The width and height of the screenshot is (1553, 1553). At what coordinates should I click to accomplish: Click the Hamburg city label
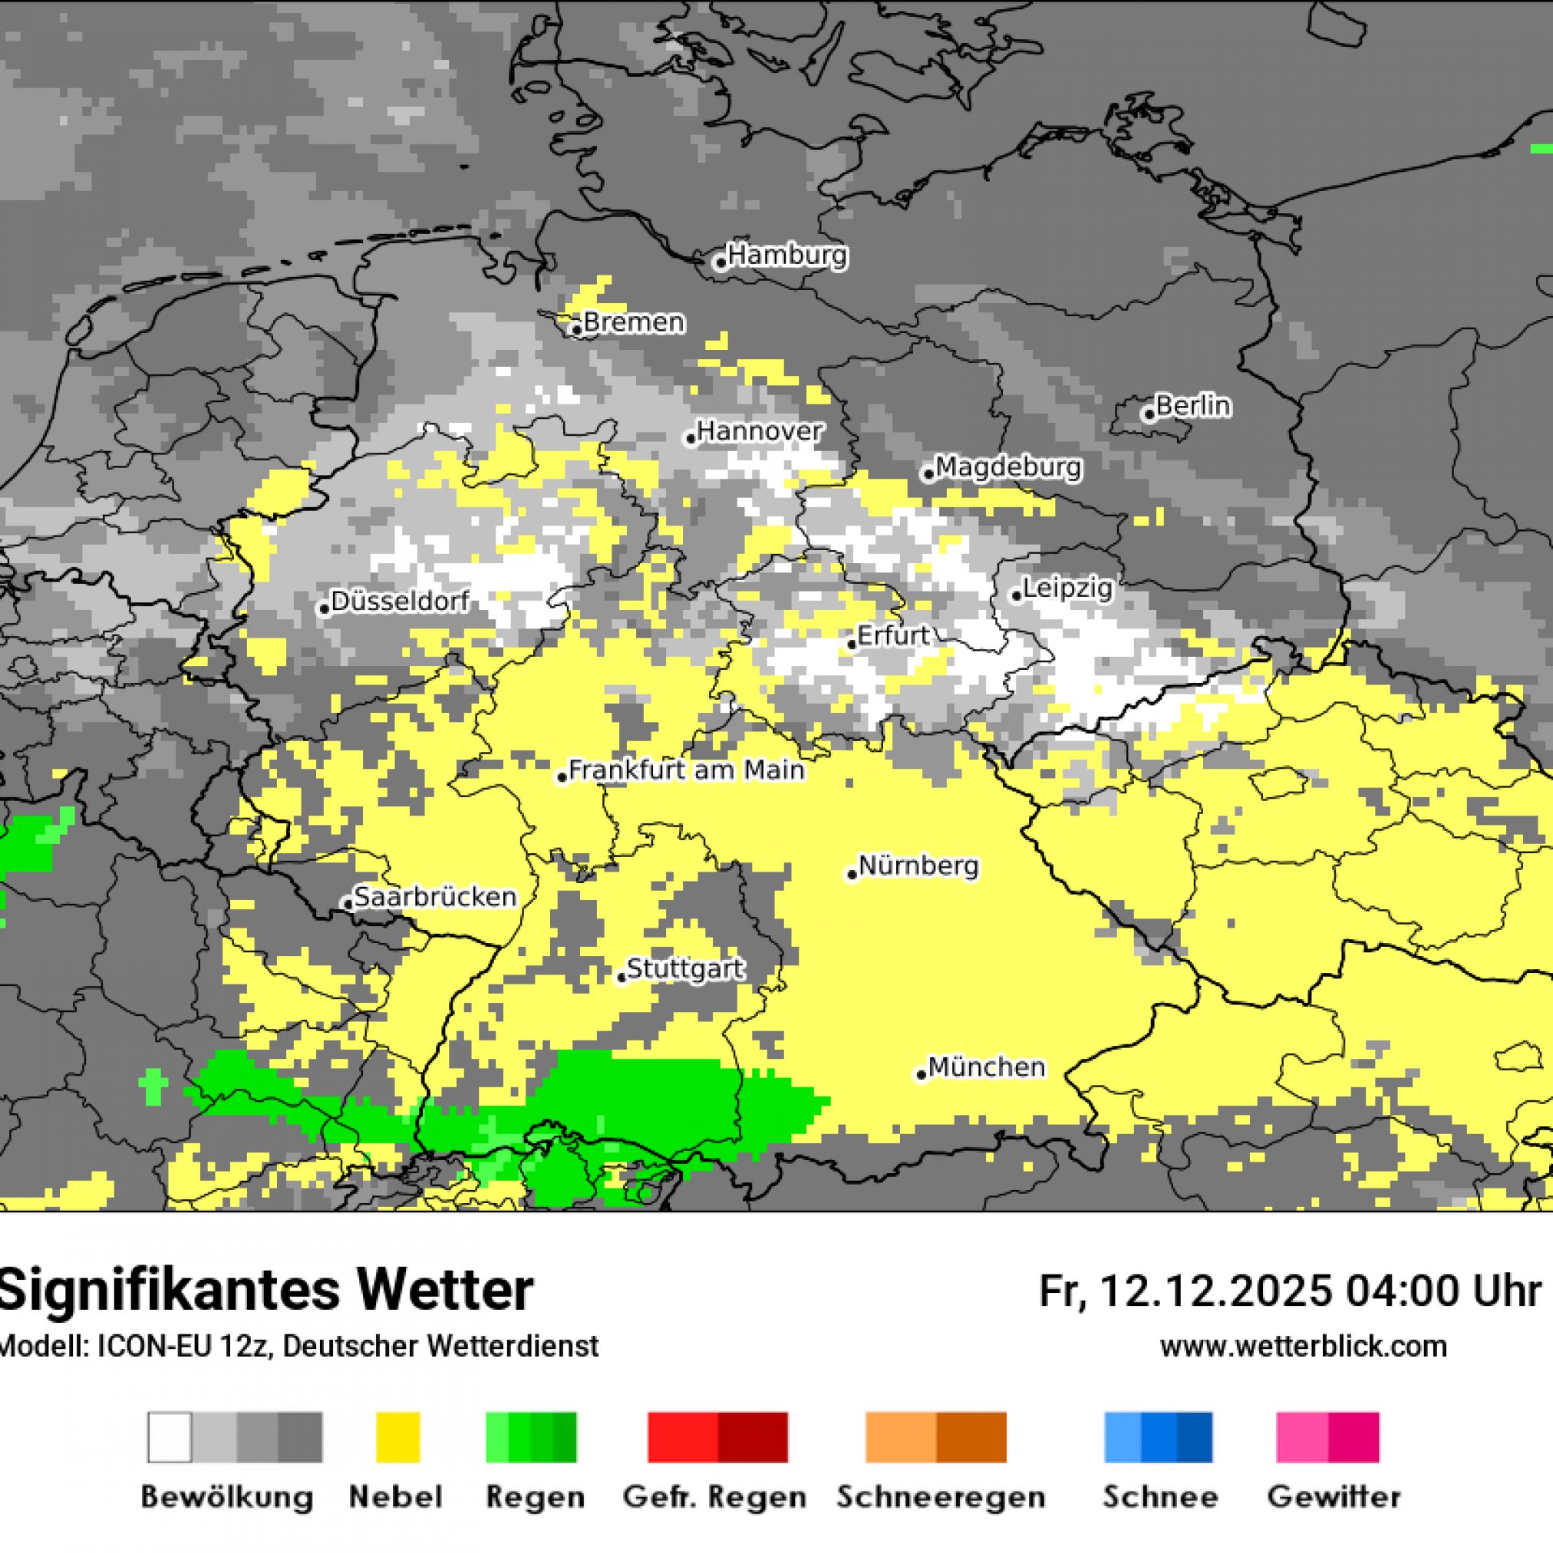coord(787,256)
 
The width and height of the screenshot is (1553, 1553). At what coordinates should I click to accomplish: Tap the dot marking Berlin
coord(1149,415)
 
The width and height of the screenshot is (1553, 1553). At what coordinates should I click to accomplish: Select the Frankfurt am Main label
coord(686,770)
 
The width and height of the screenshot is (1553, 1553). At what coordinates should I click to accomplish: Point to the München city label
coord(986,1067)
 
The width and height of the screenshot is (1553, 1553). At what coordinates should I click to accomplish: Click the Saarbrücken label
coord(435,897)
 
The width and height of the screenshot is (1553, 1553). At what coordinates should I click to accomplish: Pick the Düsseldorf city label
coord(400,602)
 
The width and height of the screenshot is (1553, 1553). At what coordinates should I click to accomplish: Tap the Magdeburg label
coord(1008,467)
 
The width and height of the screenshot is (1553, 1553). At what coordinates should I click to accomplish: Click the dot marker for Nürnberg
coord(852,875)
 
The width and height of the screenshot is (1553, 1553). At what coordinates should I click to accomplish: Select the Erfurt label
coord(892,636)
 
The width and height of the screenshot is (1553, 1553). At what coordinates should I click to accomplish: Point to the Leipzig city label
coord(1067,589)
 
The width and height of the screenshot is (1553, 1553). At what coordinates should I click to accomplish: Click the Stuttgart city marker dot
coord(622,978)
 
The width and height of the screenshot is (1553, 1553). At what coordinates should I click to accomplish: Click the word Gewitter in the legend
coord(1334,1498)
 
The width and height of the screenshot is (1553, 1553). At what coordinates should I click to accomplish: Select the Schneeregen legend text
coord(941,1498)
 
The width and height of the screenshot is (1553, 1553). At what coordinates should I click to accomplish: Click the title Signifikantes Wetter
coord(265,1291)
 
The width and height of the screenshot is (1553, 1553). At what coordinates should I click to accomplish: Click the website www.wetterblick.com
coord(1303,1347)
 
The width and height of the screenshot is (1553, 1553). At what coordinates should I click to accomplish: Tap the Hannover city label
coord(759,432)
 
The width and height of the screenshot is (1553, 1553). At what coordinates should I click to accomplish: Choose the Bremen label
coord(635,322)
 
